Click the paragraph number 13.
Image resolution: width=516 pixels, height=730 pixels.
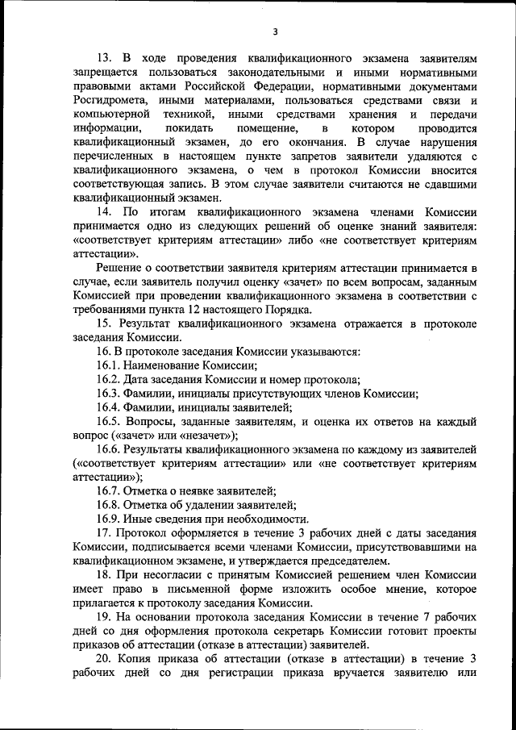click(x=104, y=59)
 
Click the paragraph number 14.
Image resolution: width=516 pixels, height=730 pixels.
click(x=104, y=211)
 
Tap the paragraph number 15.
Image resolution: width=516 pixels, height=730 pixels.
click(x=104, y=323)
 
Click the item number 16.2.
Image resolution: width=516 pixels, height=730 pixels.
click(x=109, y=379)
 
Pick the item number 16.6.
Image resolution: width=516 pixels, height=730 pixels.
click(x=109, y=448)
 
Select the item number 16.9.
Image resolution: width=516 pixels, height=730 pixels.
click(x=109, y=519)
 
